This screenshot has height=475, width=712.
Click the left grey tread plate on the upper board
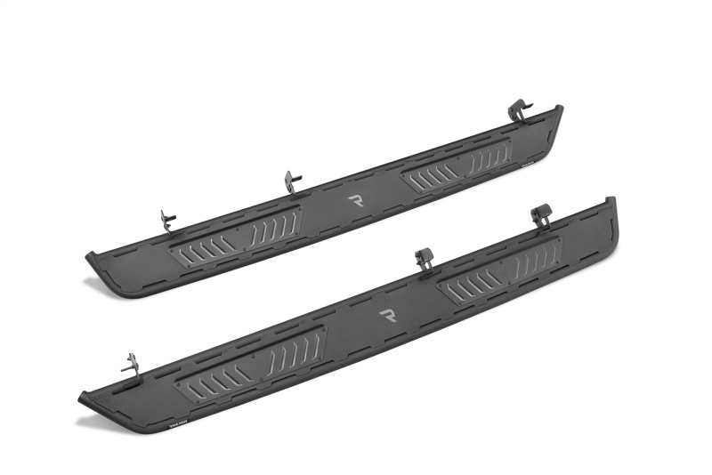[x=237, y=236]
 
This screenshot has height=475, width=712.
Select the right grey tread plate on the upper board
[x=457, y=165]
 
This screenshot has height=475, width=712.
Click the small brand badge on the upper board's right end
[x=532, y=163]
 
